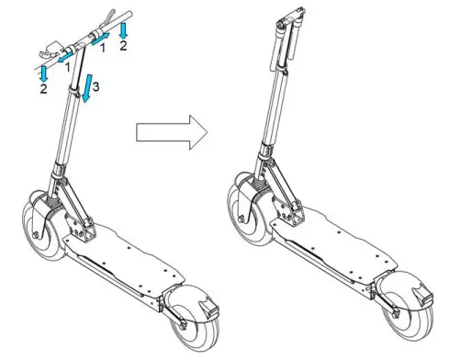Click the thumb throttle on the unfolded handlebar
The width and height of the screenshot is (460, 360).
[55, 45]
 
